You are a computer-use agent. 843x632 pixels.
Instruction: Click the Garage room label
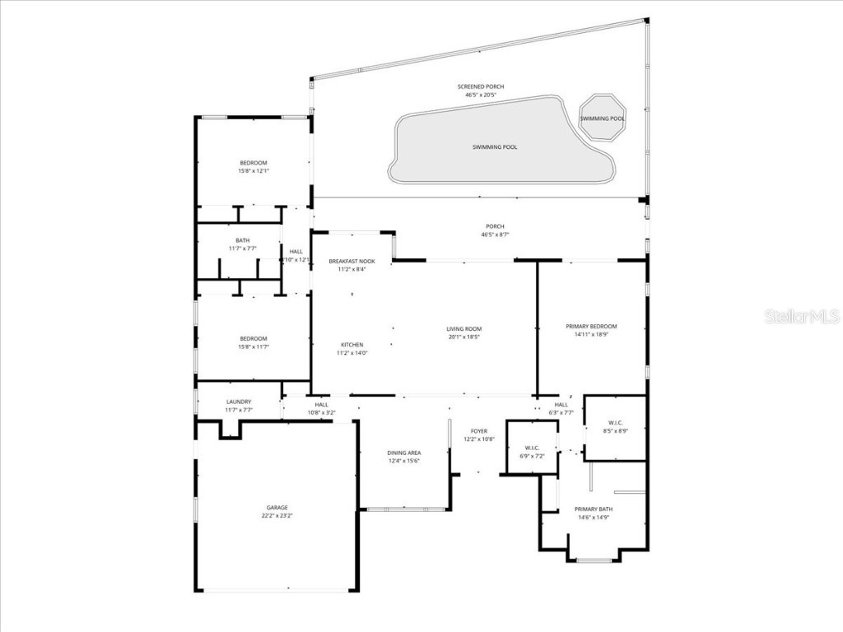(277, 508)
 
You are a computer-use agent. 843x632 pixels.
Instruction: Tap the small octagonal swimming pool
(602, 118)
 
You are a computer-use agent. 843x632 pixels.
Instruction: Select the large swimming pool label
(495, 147)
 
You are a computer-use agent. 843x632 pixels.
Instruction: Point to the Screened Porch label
(481, 86)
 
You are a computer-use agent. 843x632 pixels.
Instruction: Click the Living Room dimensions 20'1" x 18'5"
(464, 337)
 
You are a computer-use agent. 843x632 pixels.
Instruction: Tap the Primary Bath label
(593, 509)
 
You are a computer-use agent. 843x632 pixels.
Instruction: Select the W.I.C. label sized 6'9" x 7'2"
(531, 448)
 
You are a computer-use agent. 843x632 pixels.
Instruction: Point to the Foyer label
(478, 431)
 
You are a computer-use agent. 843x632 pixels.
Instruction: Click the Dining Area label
(404, 453)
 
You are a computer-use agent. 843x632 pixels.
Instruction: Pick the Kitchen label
(352, 345)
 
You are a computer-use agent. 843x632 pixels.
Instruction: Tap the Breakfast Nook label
(352, 261)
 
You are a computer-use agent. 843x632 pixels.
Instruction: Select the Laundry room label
(239, 402)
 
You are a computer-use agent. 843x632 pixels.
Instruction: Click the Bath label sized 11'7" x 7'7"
(242, 240)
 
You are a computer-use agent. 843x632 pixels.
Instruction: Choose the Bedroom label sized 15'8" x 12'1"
(254, 163)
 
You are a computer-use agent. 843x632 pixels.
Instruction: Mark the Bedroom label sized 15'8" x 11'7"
(254, 339)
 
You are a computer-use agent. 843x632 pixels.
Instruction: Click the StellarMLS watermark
(801, 317)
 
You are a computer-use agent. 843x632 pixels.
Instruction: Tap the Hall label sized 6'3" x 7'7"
(561, 405)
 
